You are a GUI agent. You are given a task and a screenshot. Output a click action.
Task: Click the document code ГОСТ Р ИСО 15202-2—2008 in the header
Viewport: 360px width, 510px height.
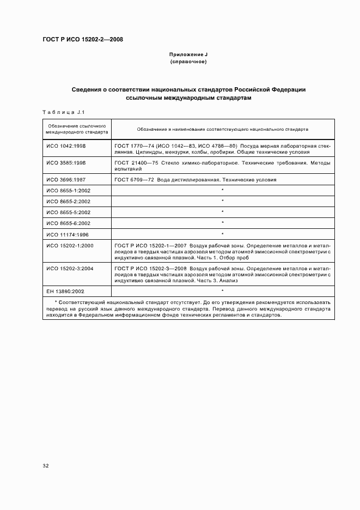[x=83, y=40]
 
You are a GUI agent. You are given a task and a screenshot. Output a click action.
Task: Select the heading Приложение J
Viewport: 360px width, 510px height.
[x=188, y=56]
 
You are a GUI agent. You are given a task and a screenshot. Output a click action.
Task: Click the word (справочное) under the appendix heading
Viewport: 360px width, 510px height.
[x=188, y=62]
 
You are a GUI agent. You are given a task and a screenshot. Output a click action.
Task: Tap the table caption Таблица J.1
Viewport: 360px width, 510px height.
[x=62, y=112]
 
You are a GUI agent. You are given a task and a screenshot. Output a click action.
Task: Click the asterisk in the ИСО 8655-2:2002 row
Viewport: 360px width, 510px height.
[x=223, y=201]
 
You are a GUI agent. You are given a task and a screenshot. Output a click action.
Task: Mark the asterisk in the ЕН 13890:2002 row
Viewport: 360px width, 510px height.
[x=223, y=291]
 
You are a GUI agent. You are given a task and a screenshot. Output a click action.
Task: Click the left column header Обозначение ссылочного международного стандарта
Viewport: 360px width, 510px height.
[x=77, y=129]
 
